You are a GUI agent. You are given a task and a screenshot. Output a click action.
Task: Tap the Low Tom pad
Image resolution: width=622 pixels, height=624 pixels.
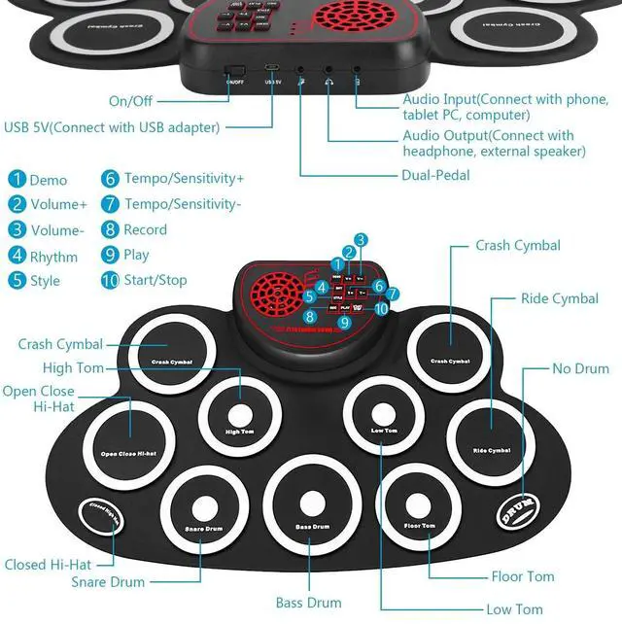(383, 409)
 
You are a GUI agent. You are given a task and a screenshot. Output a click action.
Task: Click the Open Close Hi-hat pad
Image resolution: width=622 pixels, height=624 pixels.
(129, 433)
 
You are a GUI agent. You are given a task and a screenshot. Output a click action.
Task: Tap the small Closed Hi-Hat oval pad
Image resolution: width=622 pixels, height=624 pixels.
(97, 517)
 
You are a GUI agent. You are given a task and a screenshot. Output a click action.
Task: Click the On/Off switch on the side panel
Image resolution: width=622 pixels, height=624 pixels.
(234, 72)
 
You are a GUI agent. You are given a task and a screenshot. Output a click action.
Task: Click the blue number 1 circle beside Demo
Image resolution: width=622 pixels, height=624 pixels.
(17, 180)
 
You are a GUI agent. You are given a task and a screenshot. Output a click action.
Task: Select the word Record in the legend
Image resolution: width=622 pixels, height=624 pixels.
(145, 230)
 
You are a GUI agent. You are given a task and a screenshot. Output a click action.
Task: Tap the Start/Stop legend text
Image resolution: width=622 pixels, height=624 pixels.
(155, 281)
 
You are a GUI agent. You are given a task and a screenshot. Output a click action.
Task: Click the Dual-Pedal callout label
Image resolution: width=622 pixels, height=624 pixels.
(435, 176)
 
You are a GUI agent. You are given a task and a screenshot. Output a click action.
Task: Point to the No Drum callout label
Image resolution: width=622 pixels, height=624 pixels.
(580, 368)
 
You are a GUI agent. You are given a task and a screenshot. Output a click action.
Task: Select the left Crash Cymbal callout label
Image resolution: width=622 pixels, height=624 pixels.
(60, 344)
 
